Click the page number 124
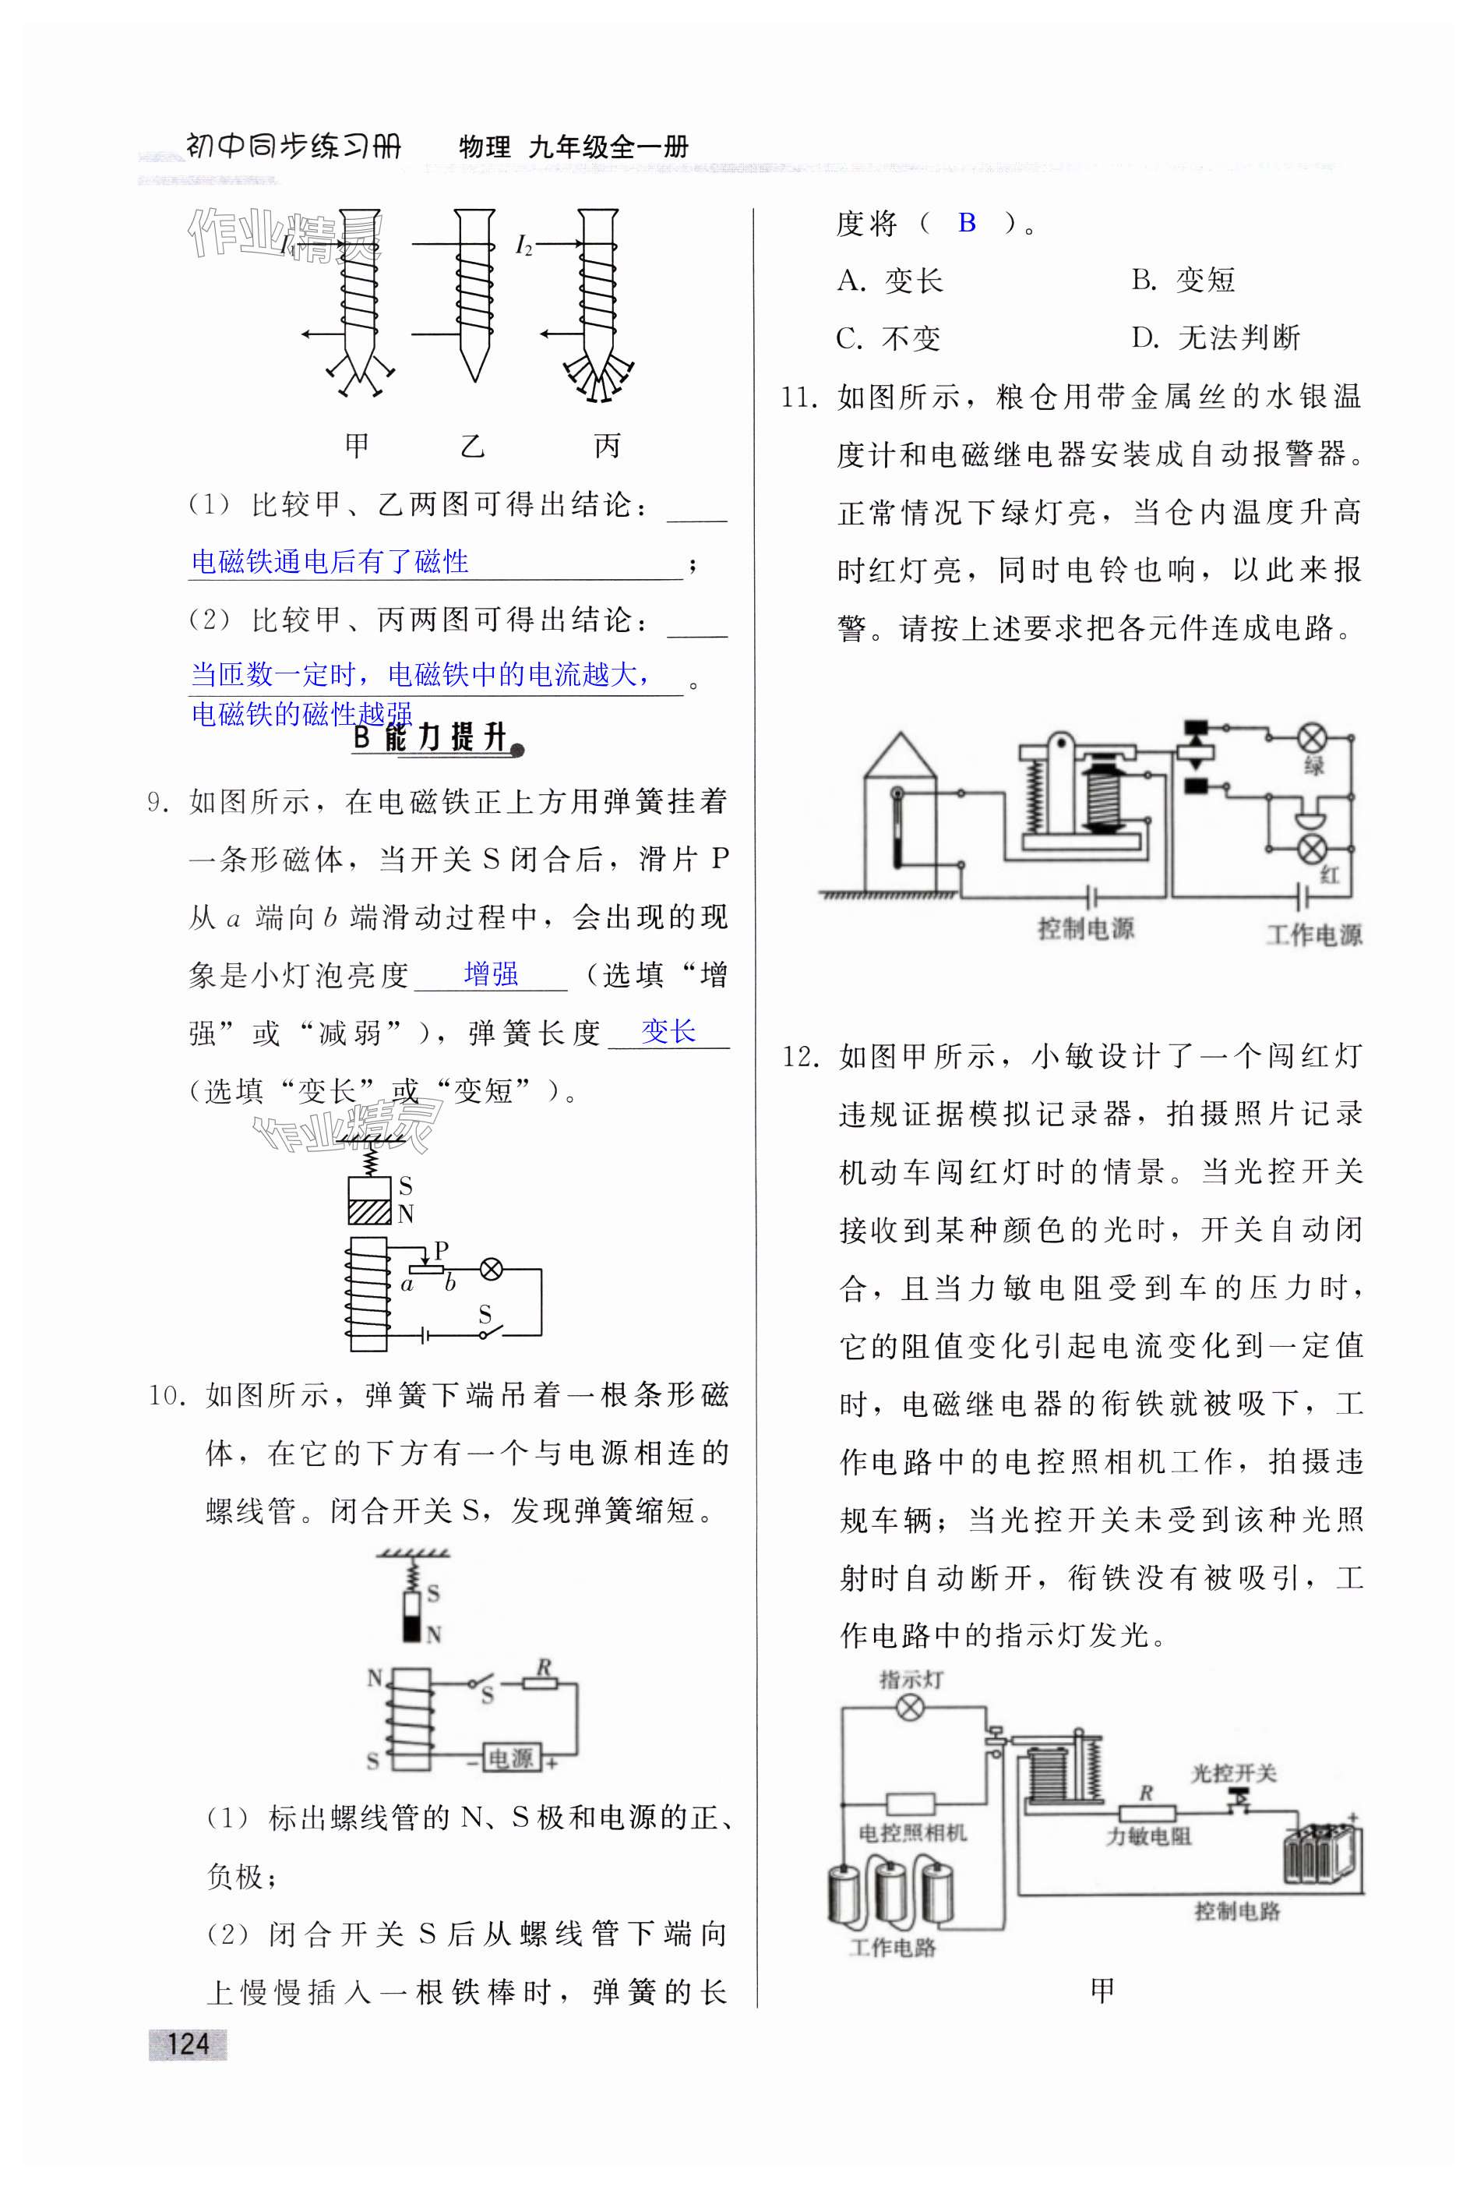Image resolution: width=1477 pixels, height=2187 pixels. point(187,2042)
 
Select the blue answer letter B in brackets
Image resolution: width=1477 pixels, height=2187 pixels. point(966,223)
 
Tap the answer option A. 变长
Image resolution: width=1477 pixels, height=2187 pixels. point(889,281)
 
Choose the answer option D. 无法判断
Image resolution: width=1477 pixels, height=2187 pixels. point(1214,337)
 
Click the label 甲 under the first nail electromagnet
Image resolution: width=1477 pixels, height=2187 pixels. point(357,445)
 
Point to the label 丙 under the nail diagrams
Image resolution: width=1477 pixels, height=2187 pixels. point(608,445)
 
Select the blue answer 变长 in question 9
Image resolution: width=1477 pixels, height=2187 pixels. point(668,1031)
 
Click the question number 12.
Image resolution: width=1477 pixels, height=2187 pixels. point(801,1057)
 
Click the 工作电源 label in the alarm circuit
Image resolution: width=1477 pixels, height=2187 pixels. point(1313,935)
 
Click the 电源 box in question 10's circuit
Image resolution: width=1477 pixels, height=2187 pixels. point(511,1758)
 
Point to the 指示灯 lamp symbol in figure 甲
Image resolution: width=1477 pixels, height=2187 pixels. point(909,1707)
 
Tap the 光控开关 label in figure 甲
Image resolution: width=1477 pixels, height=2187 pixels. point(1233,1773)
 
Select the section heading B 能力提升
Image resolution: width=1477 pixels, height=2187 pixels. point(435,738)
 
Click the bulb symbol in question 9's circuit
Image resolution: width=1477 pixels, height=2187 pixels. point(491,1270)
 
